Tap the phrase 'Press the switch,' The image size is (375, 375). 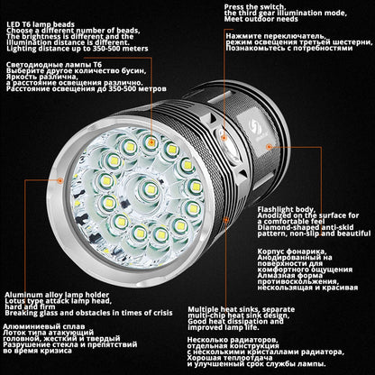click(x=253, y=6)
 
